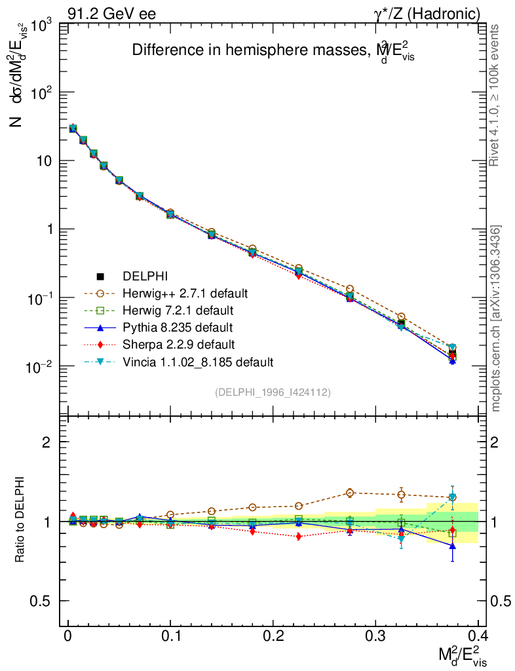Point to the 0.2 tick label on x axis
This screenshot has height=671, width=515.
click(x=273, y=636)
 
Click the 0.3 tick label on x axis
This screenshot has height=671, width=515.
click(x=375, y=636)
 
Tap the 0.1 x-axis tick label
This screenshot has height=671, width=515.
click(x=170, y=636)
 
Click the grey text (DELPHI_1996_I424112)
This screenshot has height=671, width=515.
click(x=272, y=393)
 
